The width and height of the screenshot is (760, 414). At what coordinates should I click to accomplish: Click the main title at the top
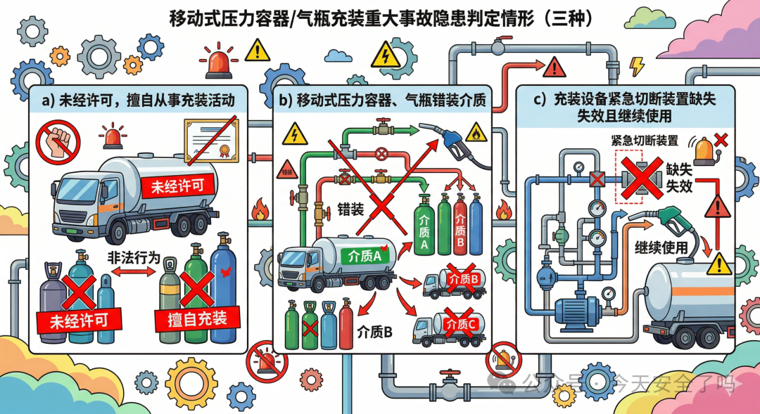click(381, 18)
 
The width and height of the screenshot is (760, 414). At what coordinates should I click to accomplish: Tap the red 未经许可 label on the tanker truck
click(172, 186)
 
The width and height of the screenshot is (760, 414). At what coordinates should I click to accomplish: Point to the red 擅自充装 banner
click(191, 319)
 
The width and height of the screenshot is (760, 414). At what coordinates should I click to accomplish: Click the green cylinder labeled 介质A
click(424, 226)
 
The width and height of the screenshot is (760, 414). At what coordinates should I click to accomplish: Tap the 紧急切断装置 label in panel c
click(645, 140)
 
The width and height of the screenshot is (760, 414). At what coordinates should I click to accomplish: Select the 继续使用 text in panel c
click(661, 248)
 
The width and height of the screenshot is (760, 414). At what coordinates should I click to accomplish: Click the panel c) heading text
click(625, 107)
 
